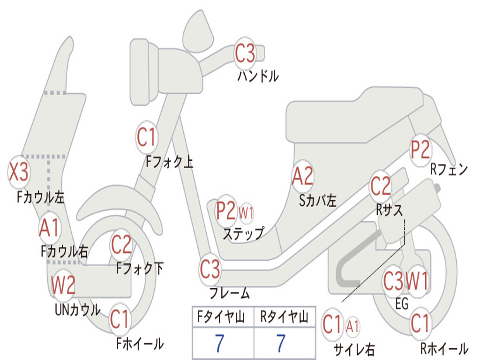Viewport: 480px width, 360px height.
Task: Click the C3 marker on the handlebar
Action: [x=245, y=53]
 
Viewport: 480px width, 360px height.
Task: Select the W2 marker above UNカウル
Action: [x=63, y=285]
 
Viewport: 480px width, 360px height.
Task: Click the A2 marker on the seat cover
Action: [x=302, y=177]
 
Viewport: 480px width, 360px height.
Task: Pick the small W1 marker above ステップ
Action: [x=246, y=212]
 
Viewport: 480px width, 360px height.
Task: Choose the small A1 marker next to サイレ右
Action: [x=352, y=325]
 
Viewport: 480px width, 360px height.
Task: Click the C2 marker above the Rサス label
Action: [x=381, y=187]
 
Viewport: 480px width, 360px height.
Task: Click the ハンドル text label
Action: [x=258, y=75]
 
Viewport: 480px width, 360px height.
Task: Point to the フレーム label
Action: [x=229, y=294]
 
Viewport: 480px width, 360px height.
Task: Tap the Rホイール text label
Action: [x=444, y=348]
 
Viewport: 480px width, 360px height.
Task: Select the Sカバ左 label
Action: [x=318, y=201]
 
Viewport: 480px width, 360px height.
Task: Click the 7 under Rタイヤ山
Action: [x=281, y=344]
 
